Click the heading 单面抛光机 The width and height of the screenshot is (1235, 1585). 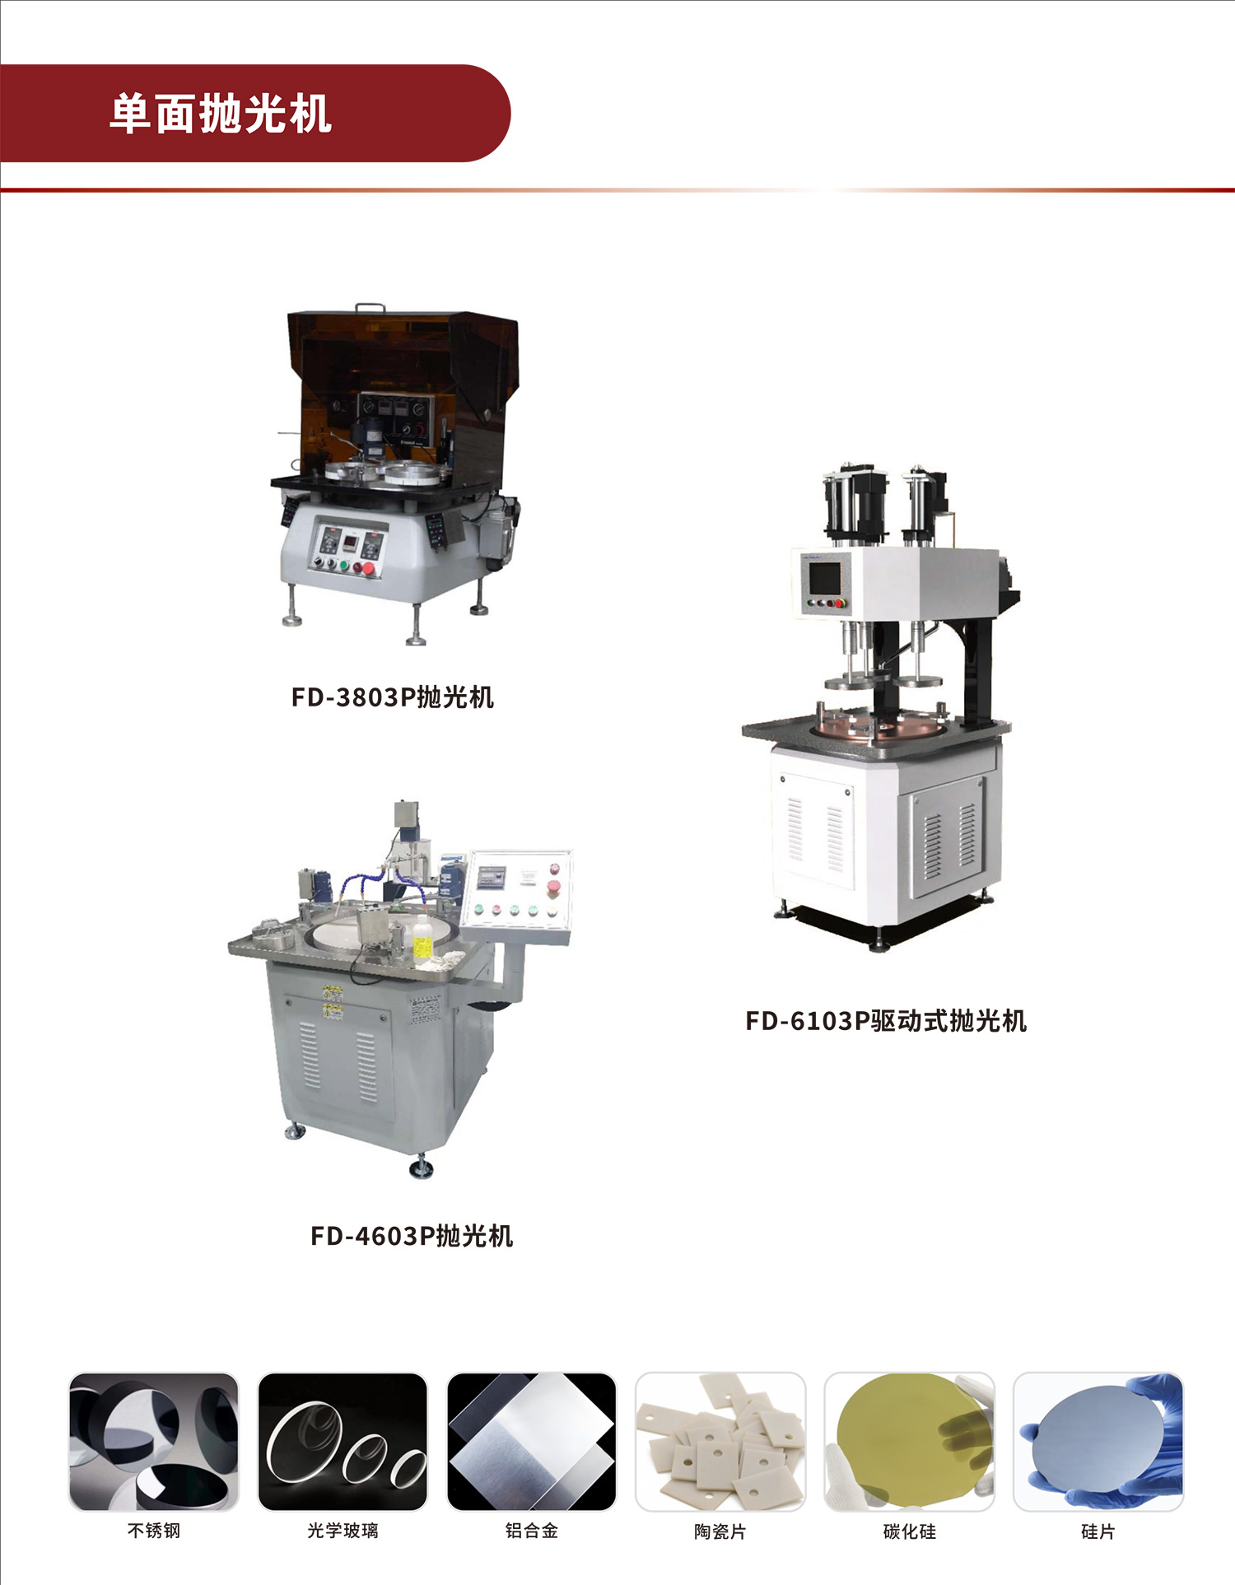pyautogui.click(x=221, y=114)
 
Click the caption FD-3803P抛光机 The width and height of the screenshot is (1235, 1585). pyautogui.click(x=393, y=697)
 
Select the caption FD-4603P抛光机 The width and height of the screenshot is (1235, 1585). pyautogui.click(x=412, y=1236)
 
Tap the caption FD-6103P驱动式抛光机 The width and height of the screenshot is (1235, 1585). pyautogui.click(x=886, y=1021)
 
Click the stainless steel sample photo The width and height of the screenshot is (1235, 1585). pyautogui.click(x=154, y=1442)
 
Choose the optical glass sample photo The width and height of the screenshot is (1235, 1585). pyautogui.click(x=343, y=1442)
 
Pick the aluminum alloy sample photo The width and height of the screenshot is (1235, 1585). pyautogui.click(x=532, y=1442)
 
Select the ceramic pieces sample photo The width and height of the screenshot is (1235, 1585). pyautogui.click(x=720, y=1442)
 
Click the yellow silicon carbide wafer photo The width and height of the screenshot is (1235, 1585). pyautogui.click(x=910, y=1442)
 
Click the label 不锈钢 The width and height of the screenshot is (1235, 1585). pyautogui.click(x=154, y=1531)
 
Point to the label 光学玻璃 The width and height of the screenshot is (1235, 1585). pyautogui.click(x=343, y=1531)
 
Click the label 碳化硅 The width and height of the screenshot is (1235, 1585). pyautogui.click(x=910, y=1531)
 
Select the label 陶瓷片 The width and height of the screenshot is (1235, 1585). pyautogui.click(x=720, y=1531)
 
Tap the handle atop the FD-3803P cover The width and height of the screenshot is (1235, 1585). pyautogui.click(x=370, y=308)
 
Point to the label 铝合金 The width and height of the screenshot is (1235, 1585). pyautogui.click(x=532, y=1531)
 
